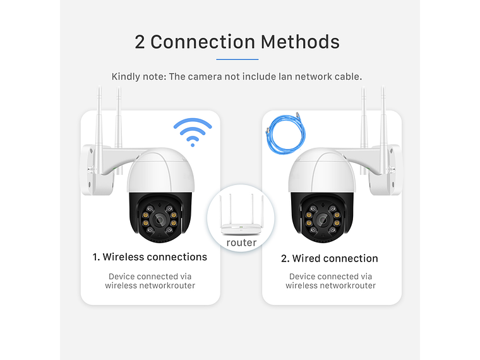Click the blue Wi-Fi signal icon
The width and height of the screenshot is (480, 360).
[193, 131]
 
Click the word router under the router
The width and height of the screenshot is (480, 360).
[241, 243]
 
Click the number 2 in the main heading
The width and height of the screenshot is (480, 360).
[140, 42]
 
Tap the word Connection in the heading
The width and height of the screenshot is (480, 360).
[203, 42]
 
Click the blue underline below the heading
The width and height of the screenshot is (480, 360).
[237, 59]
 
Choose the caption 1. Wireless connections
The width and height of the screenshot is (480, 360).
[150, 257]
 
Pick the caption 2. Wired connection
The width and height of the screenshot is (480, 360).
[330, 258]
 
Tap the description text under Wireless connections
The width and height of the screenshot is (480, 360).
[150, 281]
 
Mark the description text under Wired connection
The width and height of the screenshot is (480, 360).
[330, 281]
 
